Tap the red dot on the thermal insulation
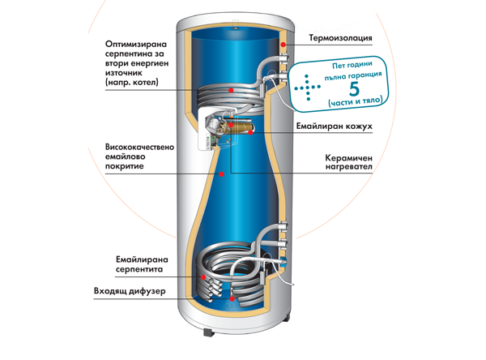coord(283,42)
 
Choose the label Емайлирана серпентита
coord(141,264)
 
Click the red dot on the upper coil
coord(232,88)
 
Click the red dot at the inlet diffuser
coord(232,298)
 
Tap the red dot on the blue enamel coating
coord(221,174)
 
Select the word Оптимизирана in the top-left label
coord(140,44)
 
